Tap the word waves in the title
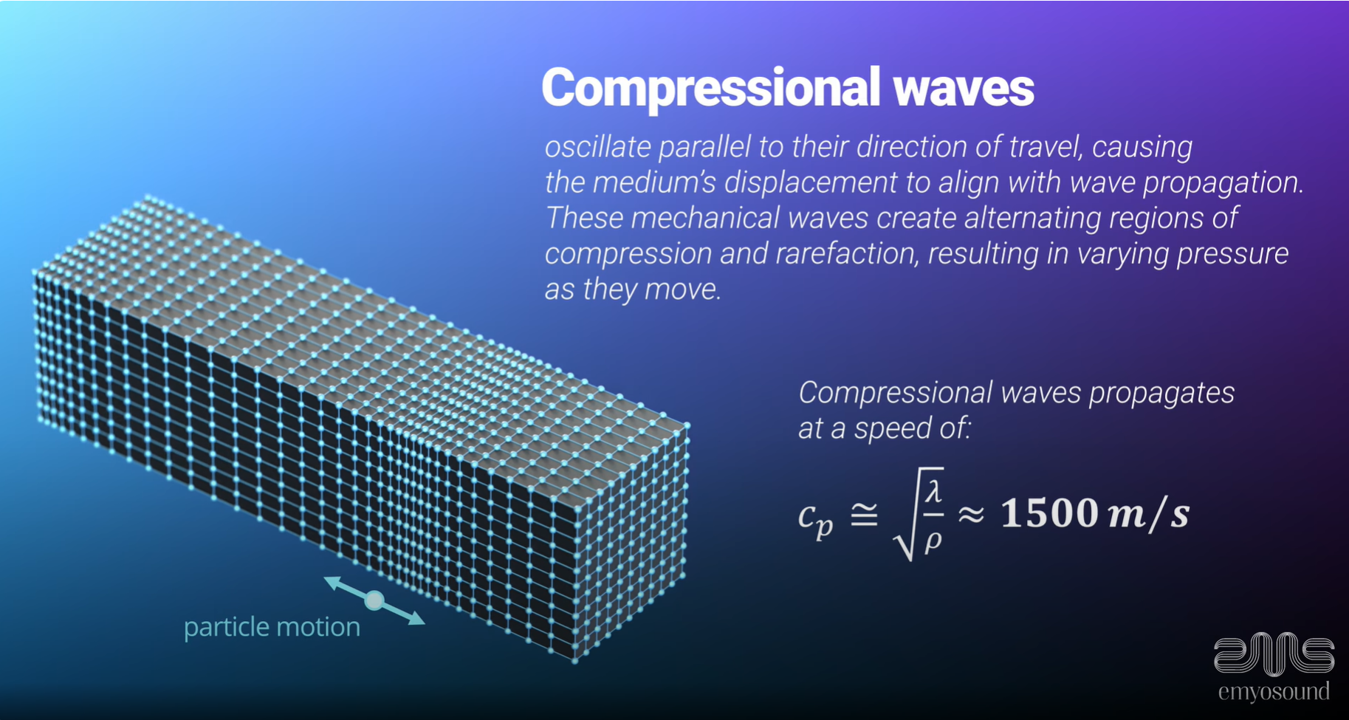964,88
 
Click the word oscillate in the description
597,147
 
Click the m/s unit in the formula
1149,512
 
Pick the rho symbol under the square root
933,541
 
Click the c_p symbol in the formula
815,517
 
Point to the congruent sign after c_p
865,514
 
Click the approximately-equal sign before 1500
972,514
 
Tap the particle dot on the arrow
374,600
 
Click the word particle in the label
226,627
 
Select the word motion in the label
318,627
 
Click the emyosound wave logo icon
1274,654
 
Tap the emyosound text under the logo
1274,692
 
